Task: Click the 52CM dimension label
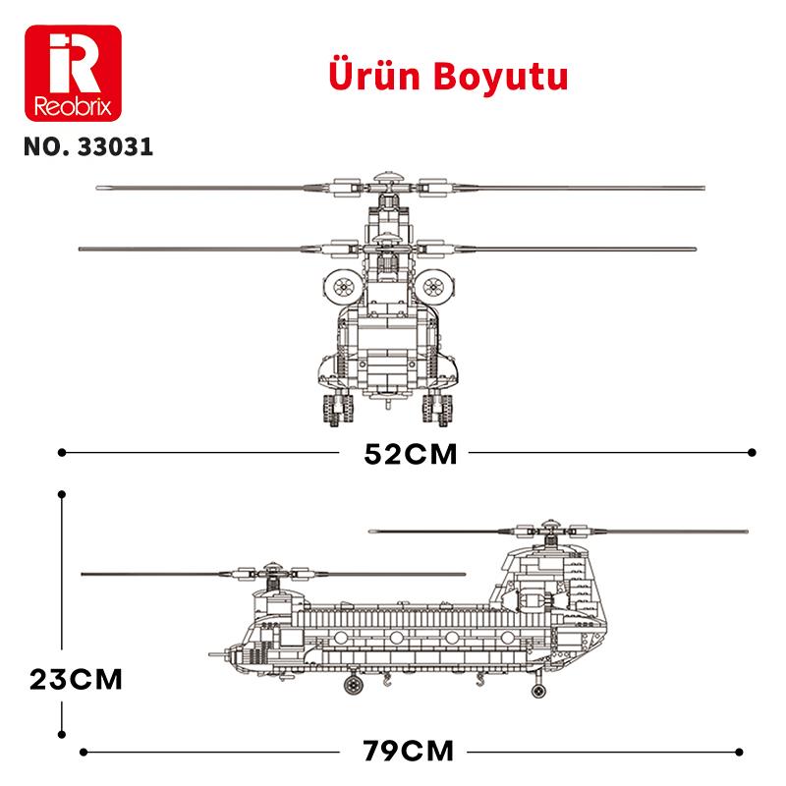point(410,454)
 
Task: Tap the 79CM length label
point(409,752)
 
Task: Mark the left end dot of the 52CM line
point(63,453)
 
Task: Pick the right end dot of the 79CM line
point(752,752)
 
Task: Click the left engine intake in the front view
point(344,286)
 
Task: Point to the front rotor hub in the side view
point(271,572)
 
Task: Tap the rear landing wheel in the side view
point(536,691)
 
